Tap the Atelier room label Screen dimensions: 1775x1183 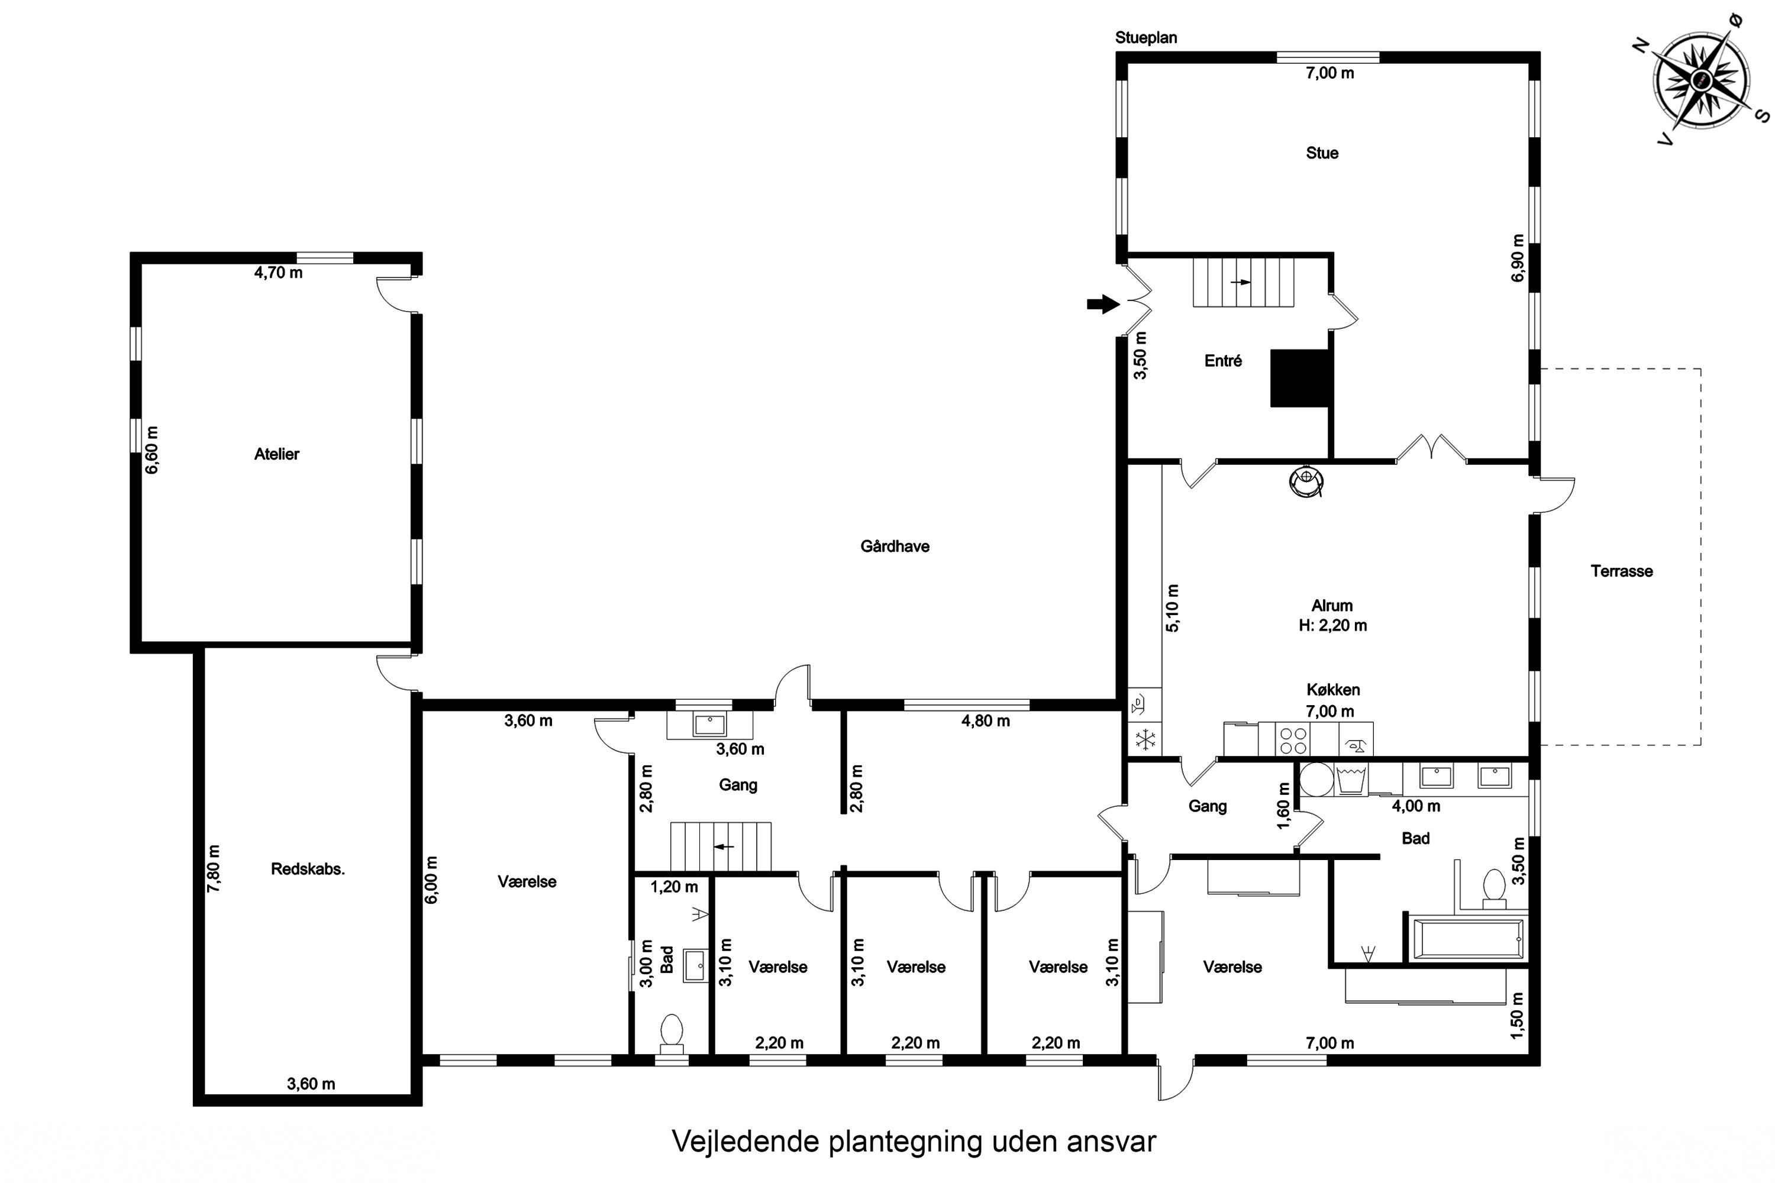(x=276, y=454)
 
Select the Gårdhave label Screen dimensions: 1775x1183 (x=895, y=546)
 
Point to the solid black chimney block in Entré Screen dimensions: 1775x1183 (x=1299, y=379)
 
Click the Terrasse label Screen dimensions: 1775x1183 (x=1622, y=571)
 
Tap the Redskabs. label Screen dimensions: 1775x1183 (x=308, y=869)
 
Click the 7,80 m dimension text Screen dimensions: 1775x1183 (x=214, y=868)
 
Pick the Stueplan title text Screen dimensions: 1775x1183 (x=1147, y=38)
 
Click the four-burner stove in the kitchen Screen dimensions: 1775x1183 (x=1293, y=739)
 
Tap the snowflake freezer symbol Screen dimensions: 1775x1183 (x=1145, y=740)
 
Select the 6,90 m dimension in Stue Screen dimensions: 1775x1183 (x=1518, y=258)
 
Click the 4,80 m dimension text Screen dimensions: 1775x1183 (x=986, y=721)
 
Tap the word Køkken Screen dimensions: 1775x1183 (x=1334, y=690)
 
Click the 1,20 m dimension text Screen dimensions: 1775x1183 (x=674, y=887)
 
